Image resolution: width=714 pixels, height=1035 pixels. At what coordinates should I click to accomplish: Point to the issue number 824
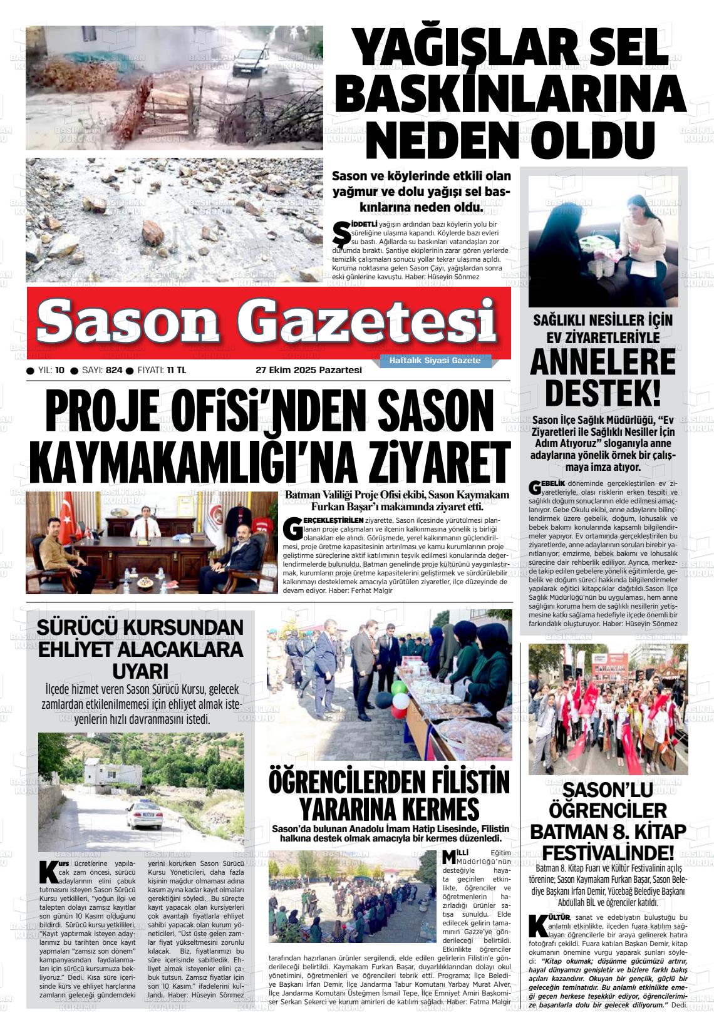coord(114,370)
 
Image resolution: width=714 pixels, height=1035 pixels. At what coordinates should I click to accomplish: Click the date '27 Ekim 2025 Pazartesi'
coord(309,370)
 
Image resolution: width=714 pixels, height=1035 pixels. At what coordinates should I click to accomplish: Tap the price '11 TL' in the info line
coord(176,370)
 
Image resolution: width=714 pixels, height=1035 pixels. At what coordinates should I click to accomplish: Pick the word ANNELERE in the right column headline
coord(603,363)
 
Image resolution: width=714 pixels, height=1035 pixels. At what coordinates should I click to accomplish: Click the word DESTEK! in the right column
coord(603,393)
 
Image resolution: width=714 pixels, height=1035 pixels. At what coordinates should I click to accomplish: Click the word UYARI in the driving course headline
coord(140,670)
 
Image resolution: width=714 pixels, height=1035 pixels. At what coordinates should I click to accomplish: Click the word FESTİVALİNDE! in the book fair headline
coord(608,853)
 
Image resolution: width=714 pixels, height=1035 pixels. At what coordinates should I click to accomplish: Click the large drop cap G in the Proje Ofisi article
coord(292,527)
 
